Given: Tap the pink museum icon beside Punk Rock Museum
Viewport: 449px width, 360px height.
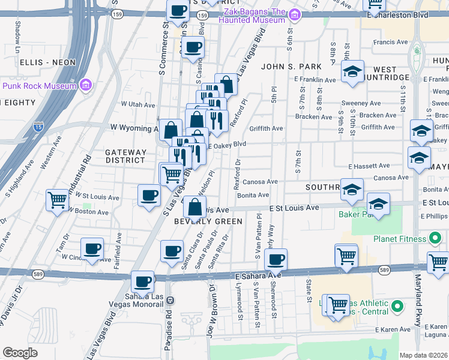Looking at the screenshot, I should coord(85,86).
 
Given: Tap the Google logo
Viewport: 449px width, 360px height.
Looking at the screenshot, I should coord(20,353).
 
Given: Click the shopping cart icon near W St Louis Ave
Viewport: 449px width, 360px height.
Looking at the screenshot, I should coord(58,199).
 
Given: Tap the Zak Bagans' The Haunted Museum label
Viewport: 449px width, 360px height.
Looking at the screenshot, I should coord(250,16).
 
